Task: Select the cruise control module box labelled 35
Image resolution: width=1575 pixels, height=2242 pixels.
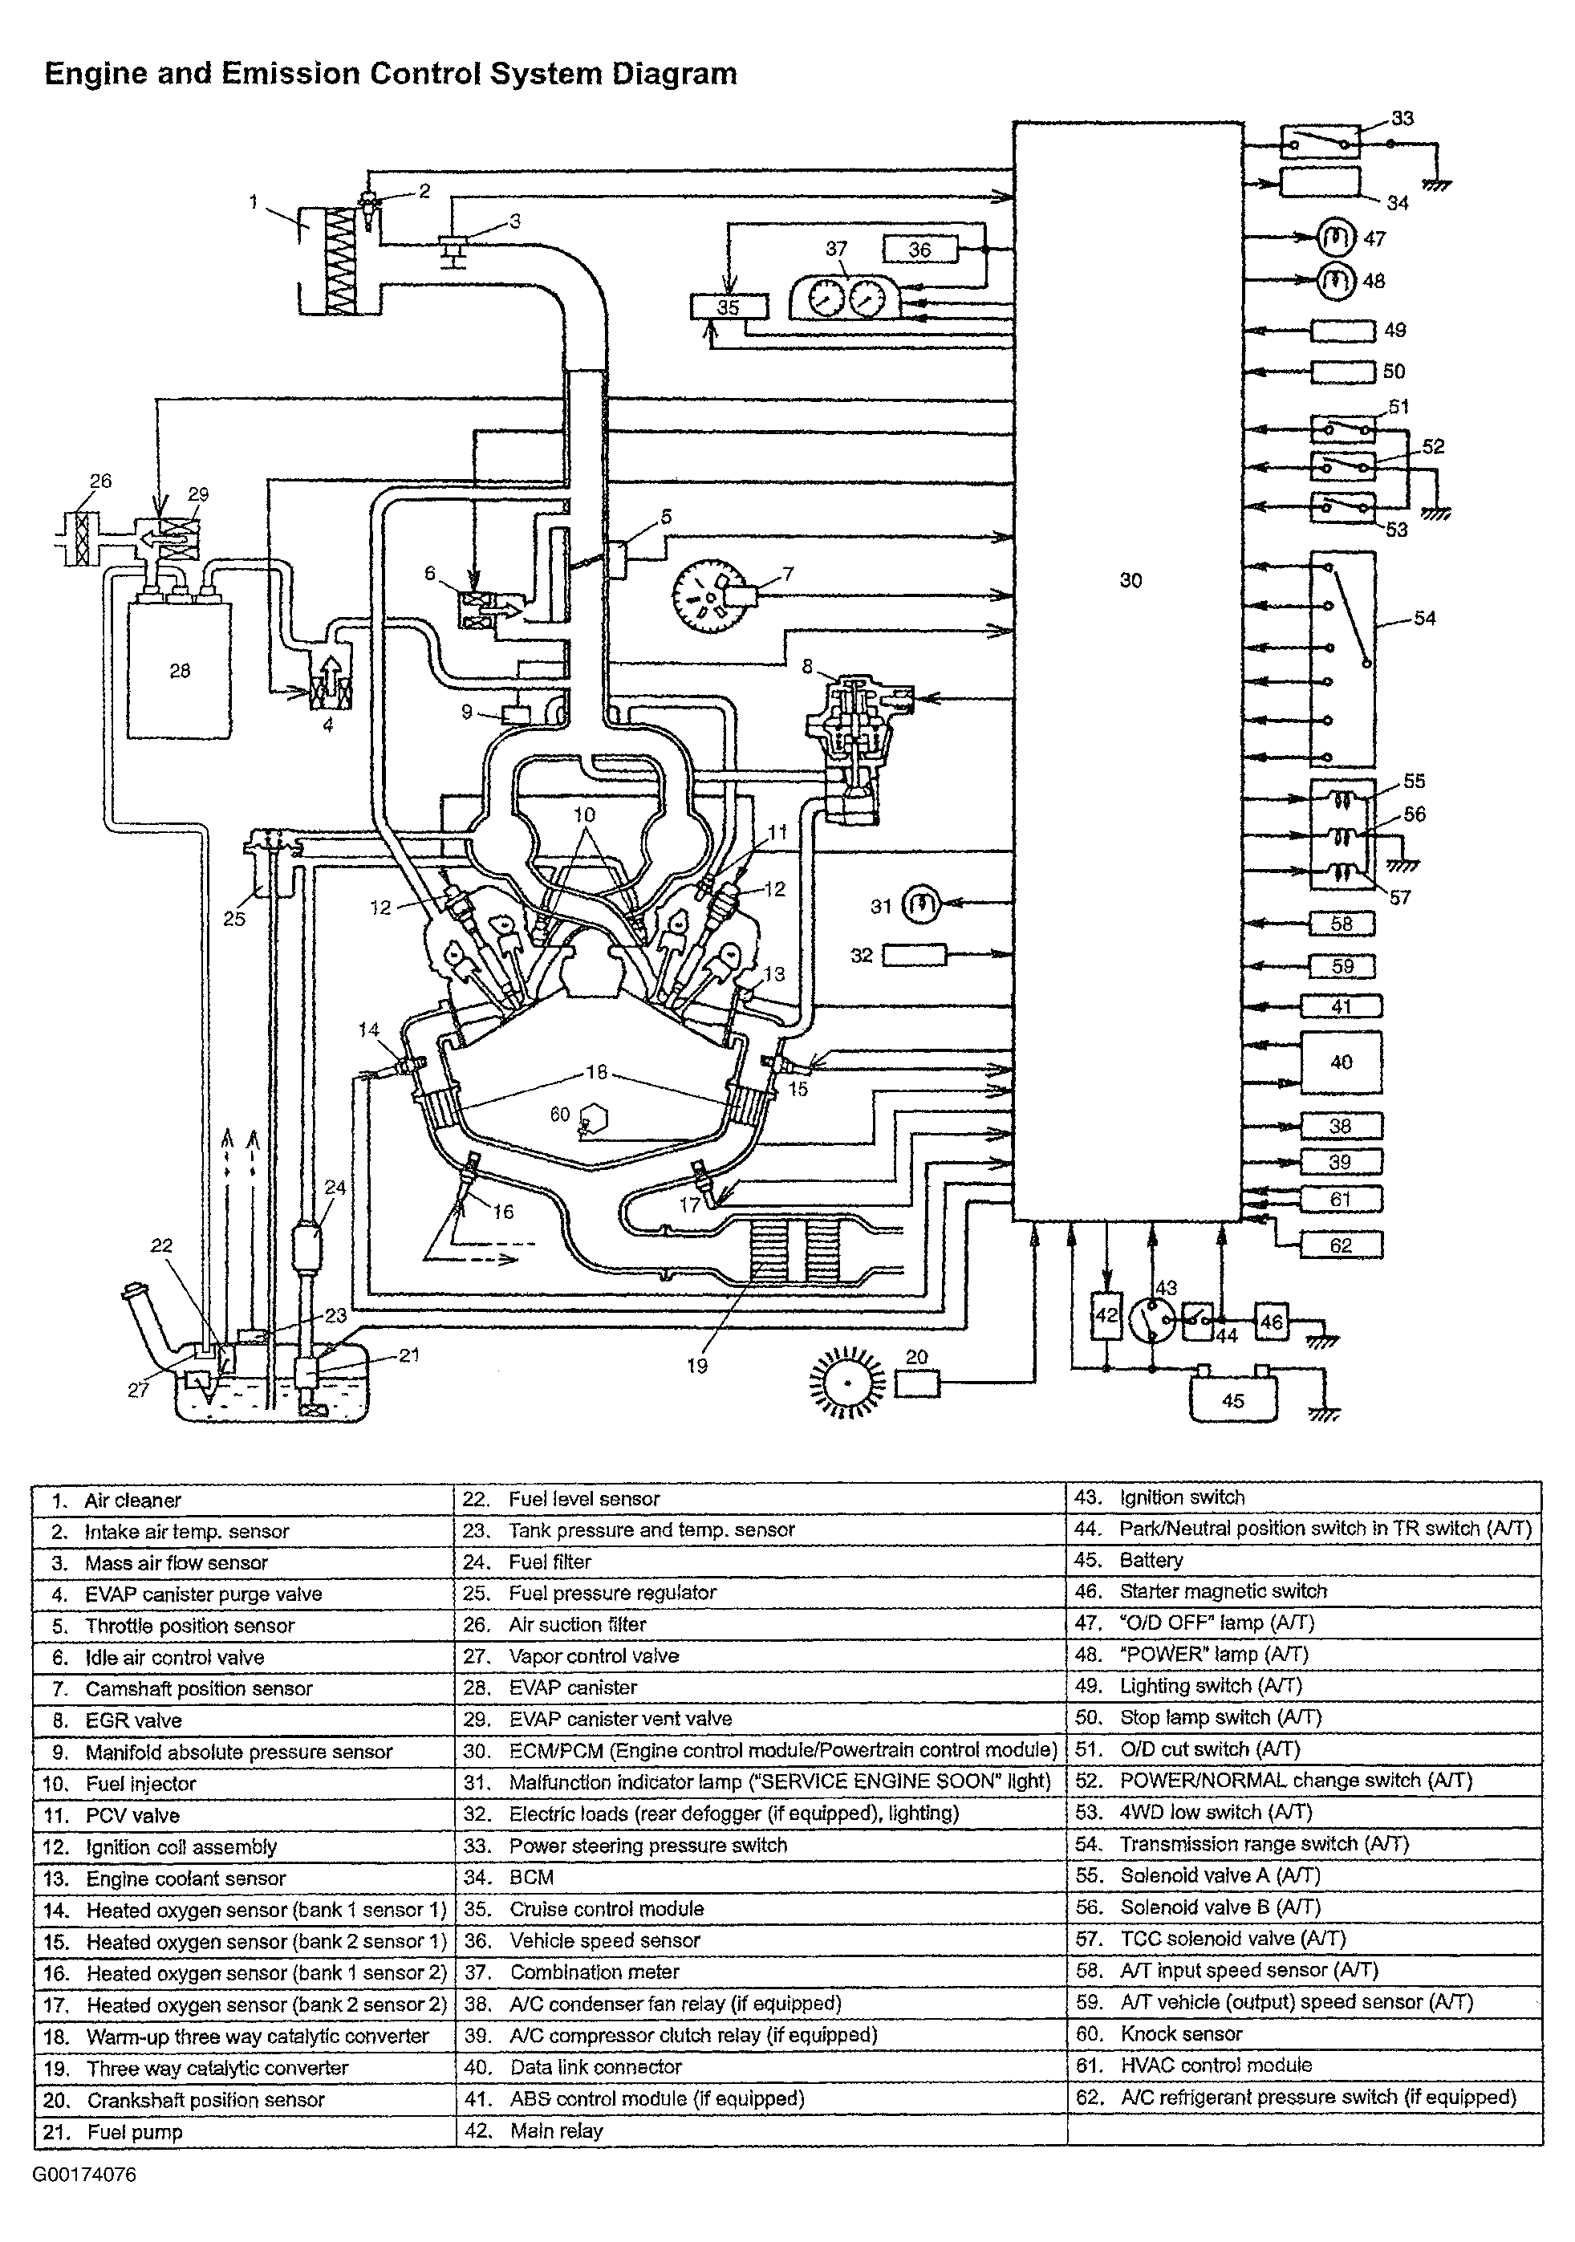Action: pyautogui.click(x=729, y=307)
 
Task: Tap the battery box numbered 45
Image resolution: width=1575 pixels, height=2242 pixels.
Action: pyautogui.click(x=1233, y=1399)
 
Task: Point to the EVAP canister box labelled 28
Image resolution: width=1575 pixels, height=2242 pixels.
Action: pyautogui.click(x=180, y=670)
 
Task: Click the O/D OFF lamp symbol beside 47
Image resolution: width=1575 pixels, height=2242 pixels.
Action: pyautogui.click(x=1337, y=238)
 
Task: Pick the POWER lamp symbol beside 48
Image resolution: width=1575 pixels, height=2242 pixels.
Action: pyautogui.click(x=1337, y=281)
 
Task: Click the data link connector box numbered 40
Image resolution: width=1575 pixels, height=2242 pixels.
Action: pyautogui.click(x=1342, y=1062)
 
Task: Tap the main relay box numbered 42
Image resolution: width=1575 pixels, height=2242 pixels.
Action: pyautogui.click(x=1106, y=1315)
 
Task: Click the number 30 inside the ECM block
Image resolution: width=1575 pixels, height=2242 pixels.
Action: pyautogui.click(x=1131, y=580)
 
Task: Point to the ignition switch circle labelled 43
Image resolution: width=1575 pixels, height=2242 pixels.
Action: pyautogui.click(x=1153, y=1321)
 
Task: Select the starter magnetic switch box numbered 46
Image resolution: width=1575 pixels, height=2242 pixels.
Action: pyautogui.click(x=1272, y=1323)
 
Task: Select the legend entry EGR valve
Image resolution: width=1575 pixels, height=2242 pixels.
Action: pyautogui.click(x=134, y=1720)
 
